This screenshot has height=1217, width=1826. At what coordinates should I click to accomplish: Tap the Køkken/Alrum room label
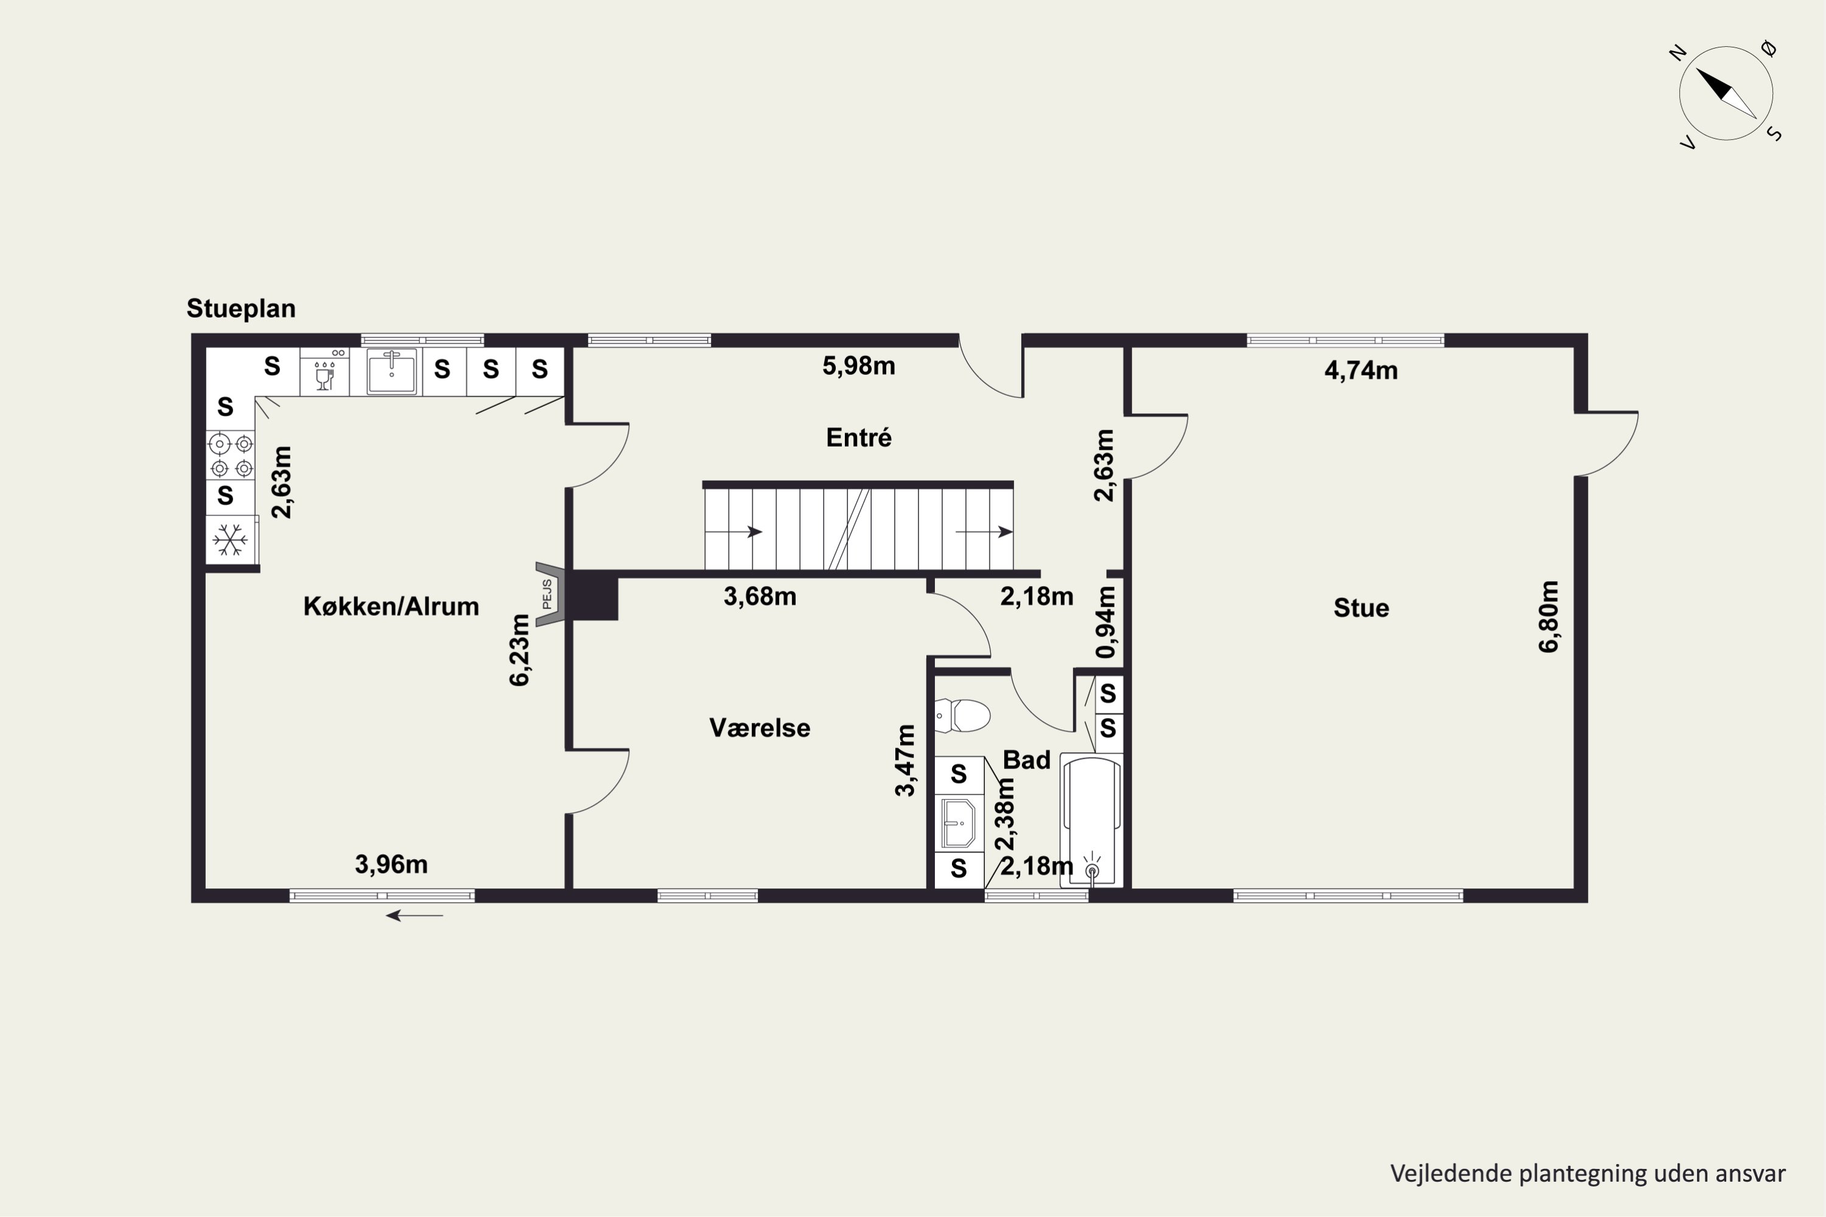[391, 606]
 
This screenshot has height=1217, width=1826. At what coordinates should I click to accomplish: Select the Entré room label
[859, 438]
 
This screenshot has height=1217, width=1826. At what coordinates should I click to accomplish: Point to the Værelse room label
[759, 728]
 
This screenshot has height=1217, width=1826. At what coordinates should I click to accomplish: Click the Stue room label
[1361, 608]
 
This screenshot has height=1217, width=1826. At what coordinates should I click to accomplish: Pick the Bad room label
[1026, 760]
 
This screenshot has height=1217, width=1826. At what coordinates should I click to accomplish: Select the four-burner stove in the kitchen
[231, 456]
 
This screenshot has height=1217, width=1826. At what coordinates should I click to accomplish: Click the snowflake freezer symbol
[231, 539]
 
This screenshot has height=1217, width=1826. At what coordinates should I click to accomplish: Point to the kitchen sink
[392, 372]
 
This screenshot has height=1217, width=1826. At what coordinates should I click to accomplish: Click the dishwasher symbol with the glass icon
[324, 372]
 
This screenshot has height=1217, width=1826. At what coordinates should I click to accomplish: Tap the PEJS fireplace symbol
[549, 594]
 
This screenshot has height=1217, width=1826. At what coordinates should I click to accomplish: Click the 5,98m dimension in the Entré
[859, 366]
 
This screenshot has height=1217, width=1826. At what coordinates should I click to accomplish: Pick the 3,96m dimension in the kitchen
[391, 865]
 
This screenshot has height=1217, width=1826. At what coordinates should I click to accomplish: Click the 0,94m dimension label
[1105, 622]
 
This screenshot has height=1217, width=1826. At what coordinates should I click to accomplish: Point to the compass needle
[1726, 93]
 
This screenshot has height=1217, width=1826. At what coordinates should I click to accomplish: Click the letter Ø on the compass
[1769, 49]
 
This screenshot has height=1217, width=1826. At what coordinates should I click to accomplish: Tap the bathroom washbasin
[959, 823]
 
